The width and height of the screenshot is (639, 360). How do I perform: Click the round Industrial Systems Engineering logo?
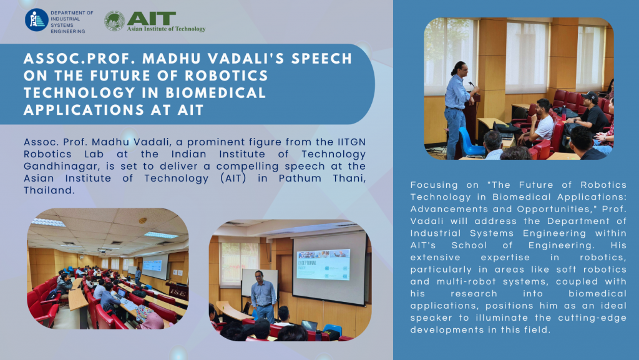[x=37, y=20]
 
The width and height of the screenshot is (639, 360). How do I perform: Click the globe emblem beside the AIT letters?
[x=115, y=21]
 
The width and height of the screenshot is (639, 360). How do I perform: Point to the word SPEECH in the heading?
[x=321, y=59]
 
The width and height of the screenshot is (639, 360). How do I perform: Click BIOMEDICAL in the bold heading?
[x=216, y=93]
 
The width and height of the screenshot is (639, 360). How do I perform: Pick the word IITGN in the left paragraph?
[x=352, y=142]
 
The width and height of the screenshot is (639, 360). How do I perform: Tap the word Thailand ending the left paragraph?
[x=49, y=190]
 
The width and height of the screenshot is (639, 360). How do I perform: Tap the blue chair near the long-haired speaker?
[x=469, y=141]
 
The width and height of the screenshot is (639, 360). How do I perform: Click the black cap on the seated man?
[x=590, y=97]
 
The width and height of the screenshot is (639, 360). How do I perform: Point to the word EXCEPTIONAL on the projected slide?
[x=307, y=263]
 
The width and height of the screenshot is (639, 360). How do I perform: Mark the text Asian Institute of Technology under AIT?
[x=166, y=29]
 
